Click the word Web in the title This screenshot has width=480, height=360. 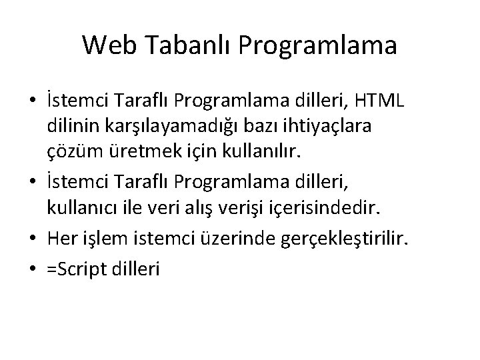click(x=106, y=45)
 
